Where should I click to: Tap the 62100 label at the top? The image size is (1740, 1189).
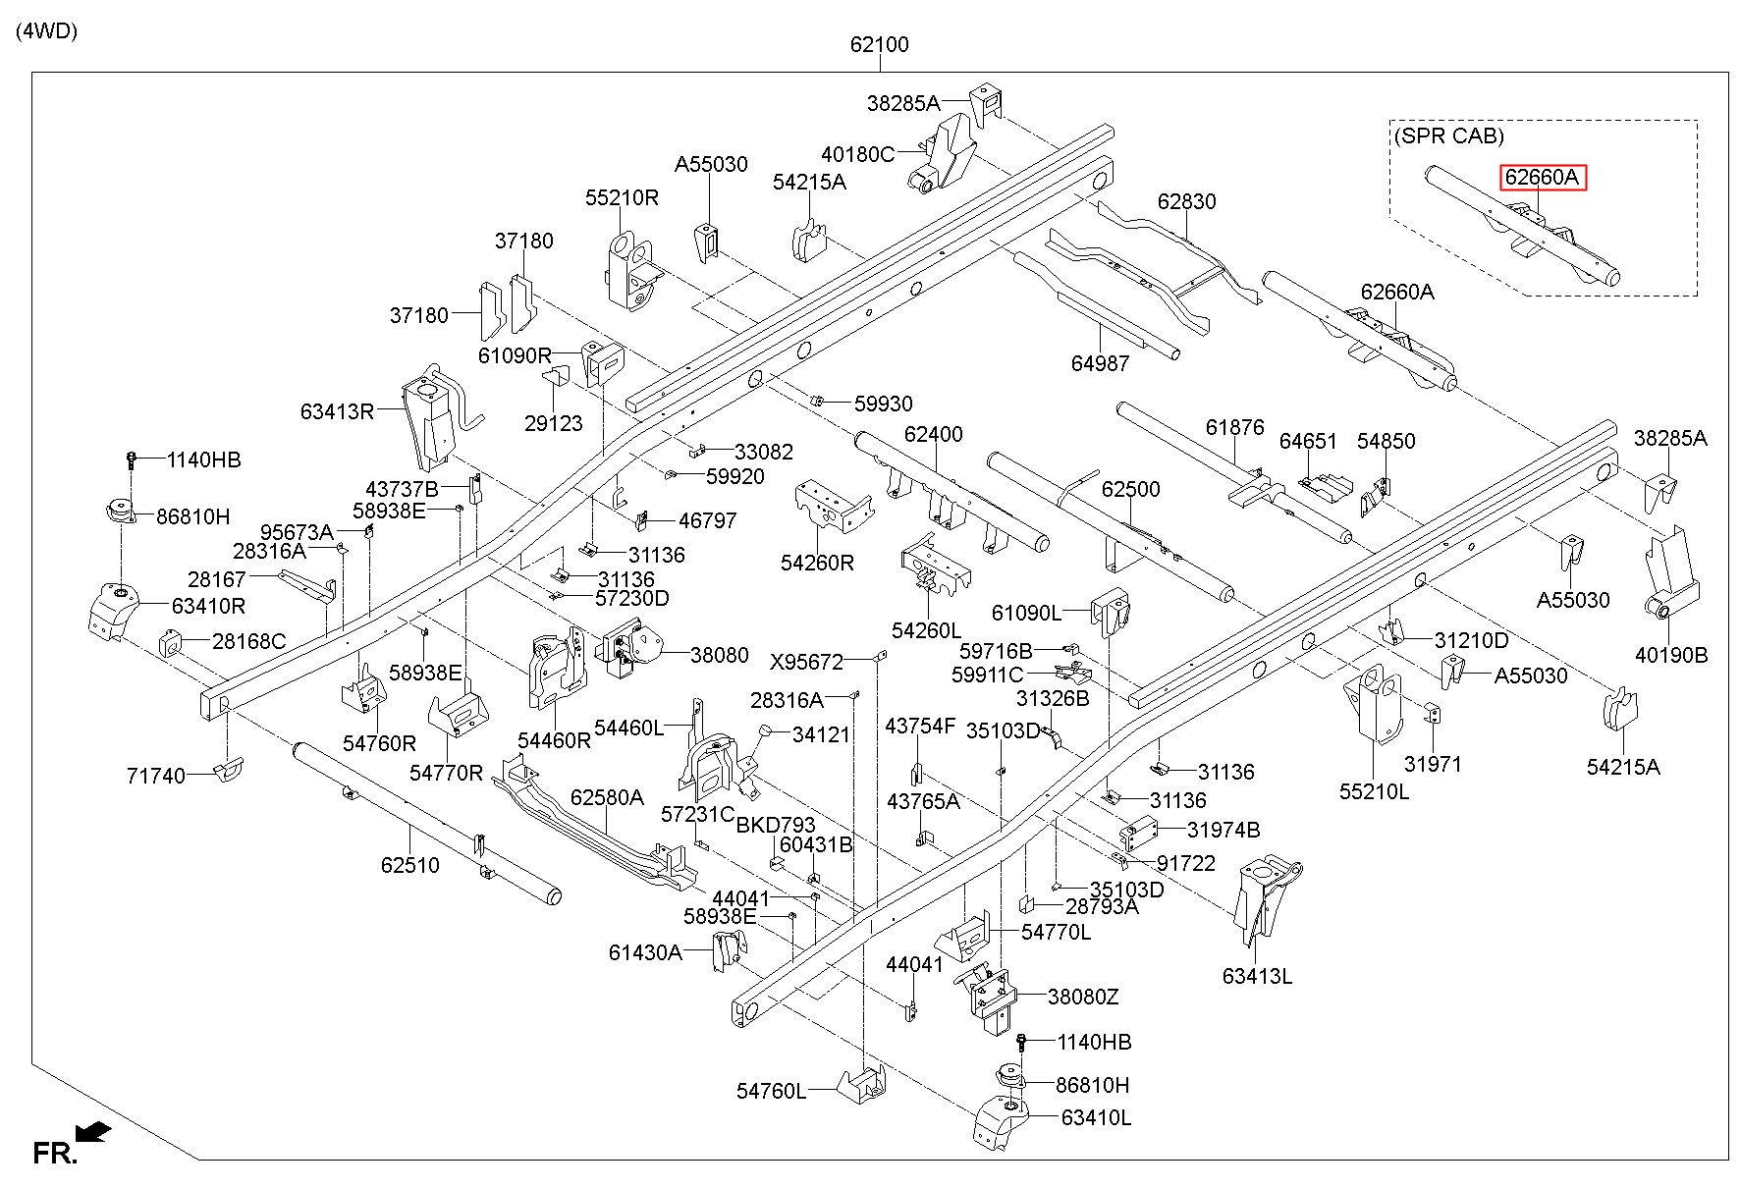879,44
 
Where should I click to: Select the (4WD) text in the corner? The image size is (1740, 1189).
46,30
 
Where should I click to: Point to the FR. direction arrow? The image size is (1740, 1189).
93,1133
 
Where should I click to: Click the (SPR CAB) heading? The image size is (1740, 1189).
1448,136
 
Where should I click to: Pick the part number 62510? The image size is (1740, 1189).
409,865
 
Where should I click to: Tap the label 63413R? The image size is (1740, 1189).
338,411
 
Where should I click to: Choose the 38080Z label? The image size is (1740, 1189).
1083,997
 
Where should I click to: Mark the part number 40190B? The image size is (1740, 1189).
1671,655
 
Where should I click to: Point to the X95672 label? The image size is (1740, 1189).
806,662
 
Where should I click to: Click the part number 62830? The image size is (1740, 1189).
1186,201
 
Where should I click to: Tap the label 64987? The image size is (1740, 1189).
1100,363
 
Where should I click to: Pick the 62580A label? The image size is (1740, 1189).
607,797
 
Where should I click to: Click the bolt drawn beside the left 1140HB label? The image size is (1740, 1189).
132,460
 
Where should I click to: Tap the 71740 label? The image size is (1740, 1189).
156,776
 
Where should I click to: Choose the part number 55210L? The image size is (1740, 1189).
1374,790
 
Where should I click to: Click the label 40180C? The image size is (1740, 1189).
858,154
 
